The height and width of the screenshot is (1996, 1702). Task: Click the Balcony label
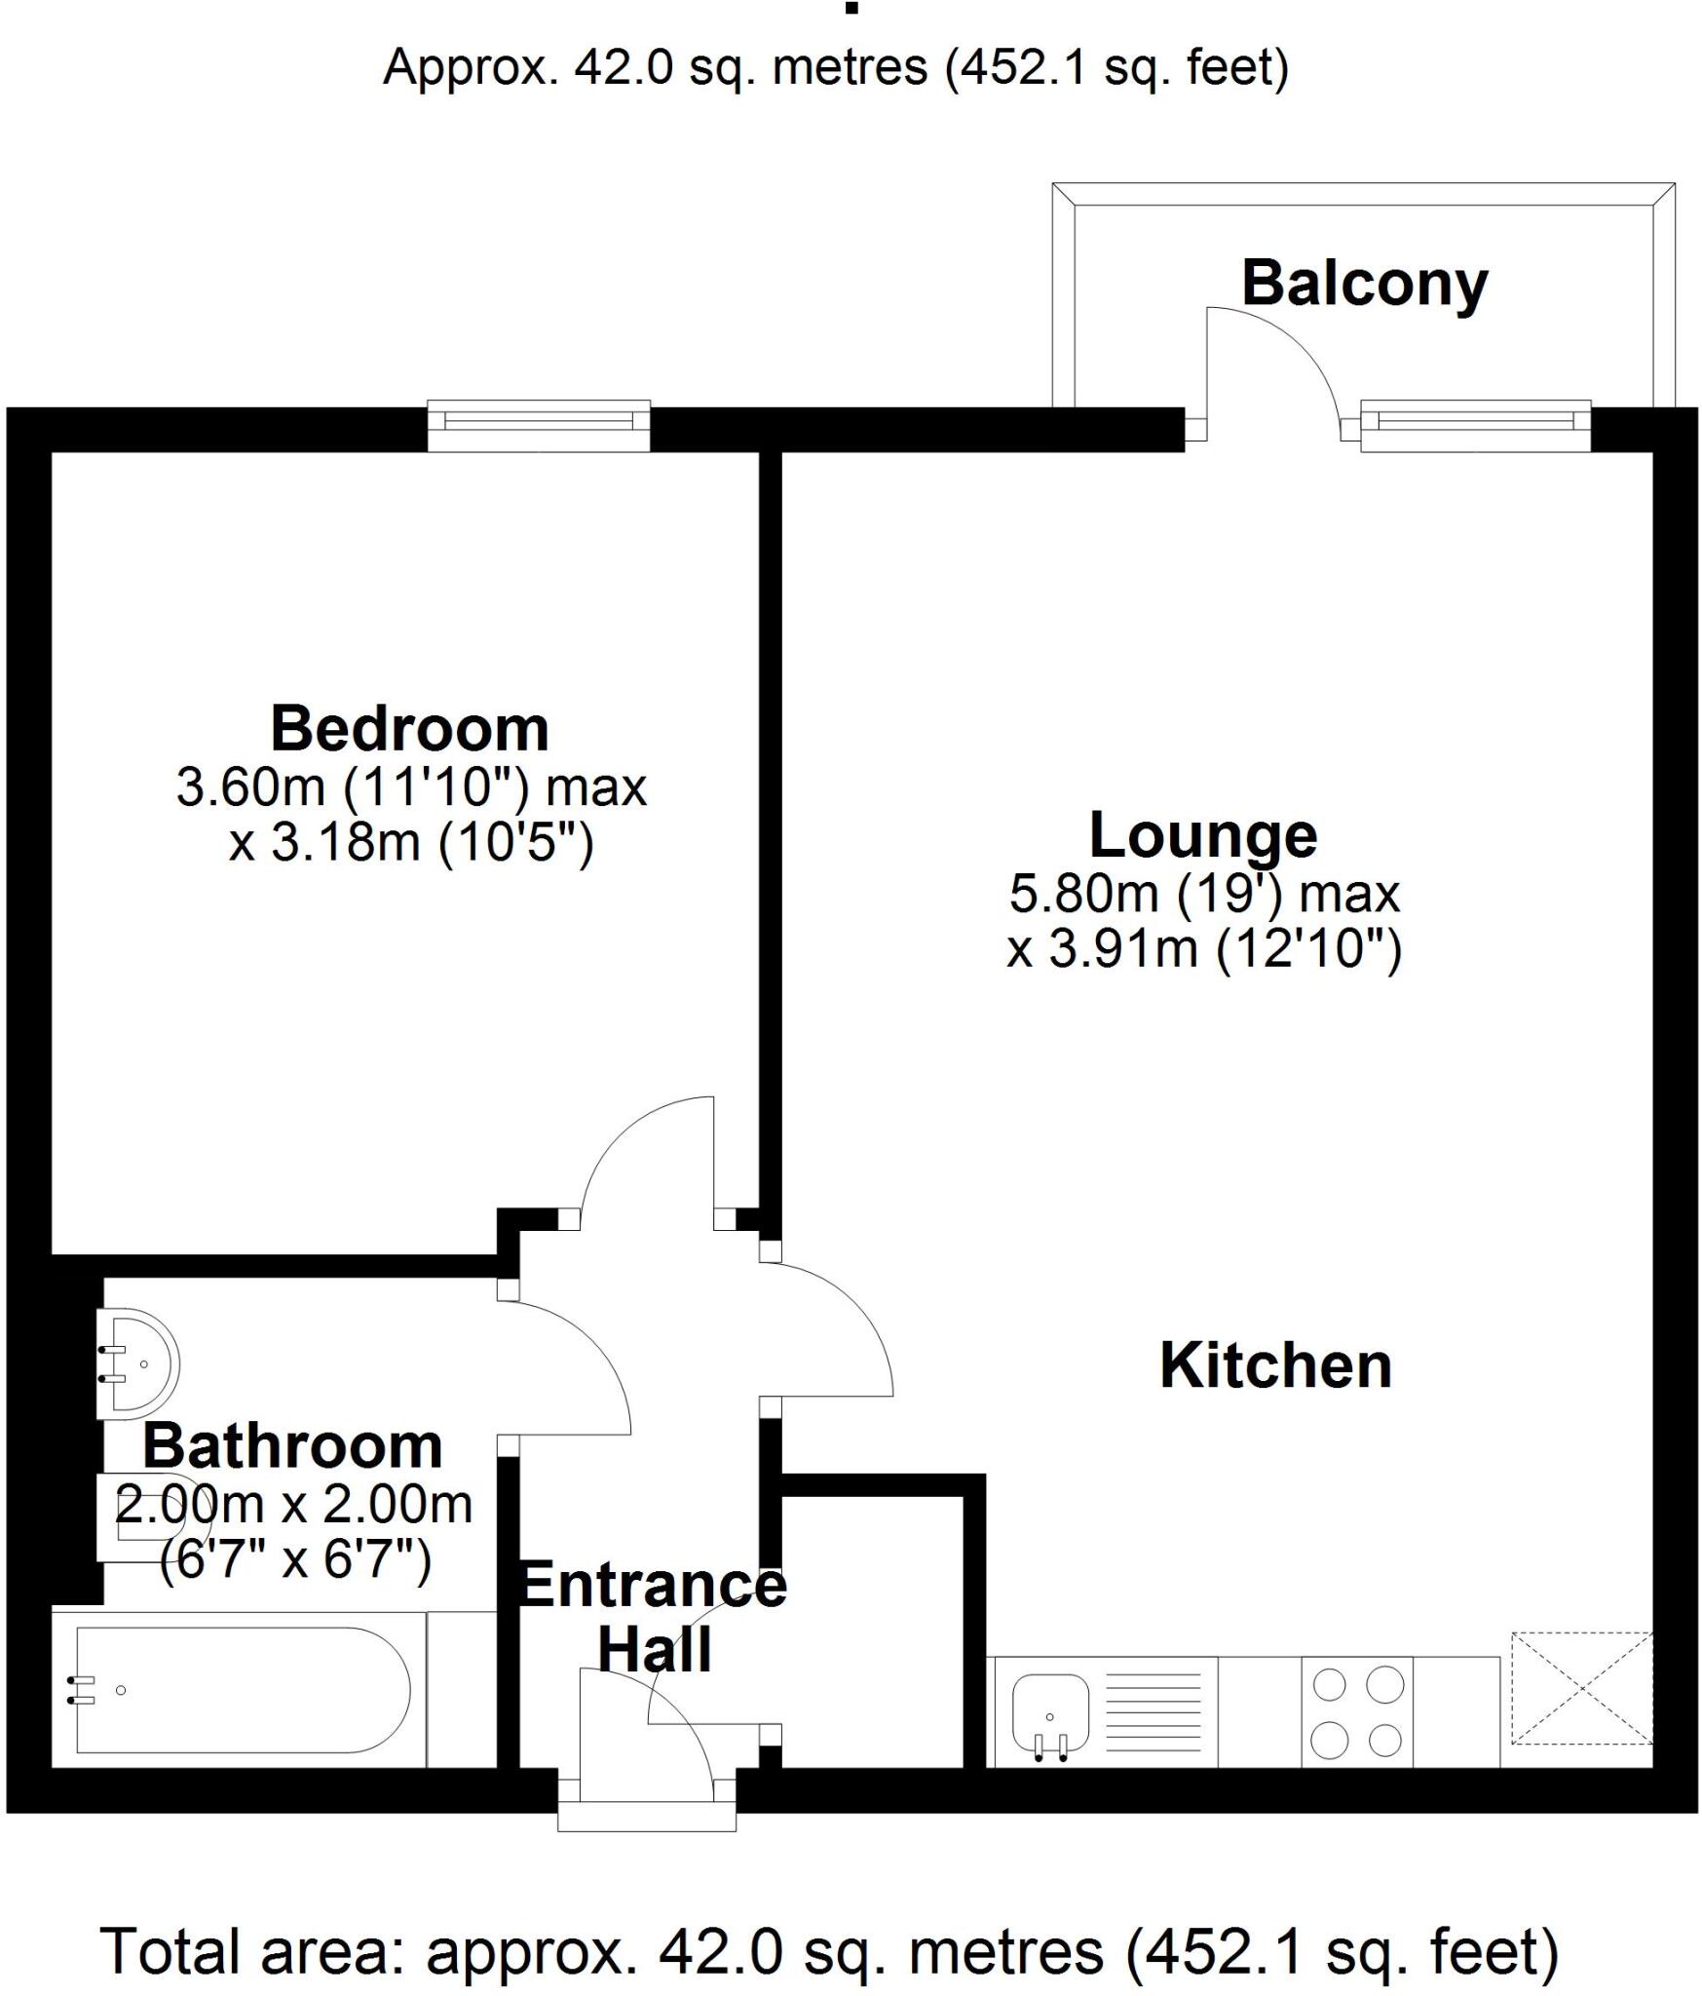coord(1364,284)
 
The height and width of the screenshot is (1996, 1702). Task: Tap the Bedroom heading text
coord(409,729)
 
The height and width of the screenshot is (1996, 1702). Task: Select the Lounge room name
coord(1202,835)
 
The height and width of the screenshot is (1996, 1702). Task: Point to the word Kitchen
coord(1274,1365)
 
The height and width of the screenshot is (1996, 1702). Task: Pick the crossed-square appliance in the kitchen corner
coord(1581,1688)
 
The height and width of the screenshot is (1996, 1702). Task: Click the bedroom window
coord(539,421)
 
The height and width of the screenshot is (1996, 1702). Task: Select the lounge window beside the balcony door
coord(1475,421)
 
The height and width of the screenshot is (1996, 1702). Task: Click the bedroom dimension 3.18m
coord(345,843)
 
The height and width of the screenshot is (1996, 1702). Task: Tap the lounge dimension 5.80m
coord(1082,894)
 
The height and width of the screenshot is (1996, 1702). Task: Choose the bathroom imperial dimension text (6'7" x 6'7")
coord(295,1560)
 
